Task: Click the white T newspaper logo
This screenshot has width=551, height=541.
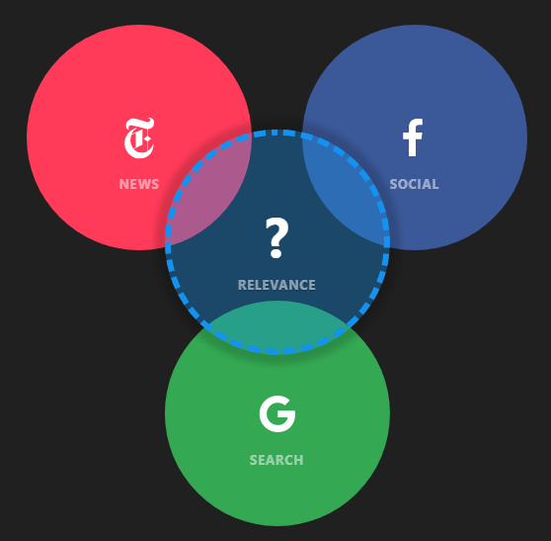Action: tap(139, 137)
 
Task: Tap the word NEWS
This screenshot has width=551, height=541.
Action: tap(139, 184)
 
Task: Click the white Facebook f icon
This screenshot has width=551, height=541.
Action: tap(413, 137)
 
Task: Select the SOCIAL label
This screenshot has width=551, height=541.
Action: tap(414, 184)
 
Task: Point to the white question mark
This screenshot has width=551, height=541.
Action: tap(276, 237)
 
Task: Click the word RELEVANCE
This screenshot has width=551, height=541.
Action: tap(276, 285)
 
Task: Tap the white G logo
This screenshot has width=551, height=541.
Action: tap(277, 413)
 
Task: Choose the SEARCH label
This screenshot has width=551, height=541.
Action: tap(276, 460)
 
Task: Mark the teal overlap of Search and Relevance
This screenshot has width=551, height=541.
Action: tap(277, 326)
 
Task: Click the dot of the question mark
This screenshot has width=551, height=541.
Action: tap(276, 253)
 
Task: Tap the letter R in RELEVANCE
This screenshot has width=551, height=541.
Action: tap(242, 285)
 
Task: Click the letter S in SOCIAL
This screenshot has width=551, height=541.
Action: tap(394, 184)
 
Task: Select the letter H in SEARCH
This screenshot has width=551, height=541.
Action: tap(298, 460)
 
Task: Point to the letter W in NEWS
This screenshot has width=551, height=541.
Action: tap(144, 184)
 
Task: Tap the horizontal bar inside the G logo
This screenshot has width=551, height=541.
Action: tap(285, 414)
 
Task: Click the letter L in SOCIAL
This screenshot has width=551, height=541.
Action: tap(435, 184)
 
